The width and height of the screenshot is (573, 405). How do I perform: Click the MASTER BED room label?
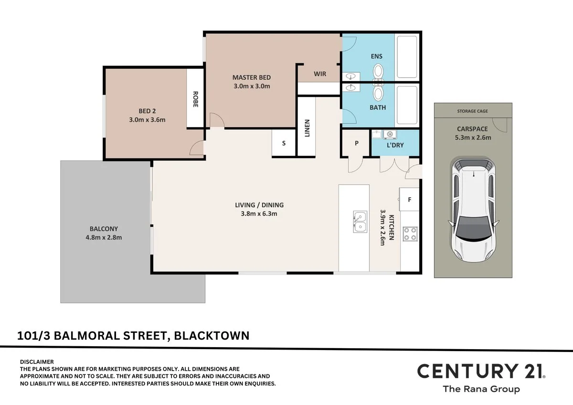pos(251,77)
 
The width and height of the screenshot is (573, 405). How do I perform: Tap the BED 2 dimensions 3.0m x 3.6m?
pos(147,120)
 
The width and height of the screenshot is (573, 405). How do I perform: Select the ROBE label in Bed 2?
pos(195,99)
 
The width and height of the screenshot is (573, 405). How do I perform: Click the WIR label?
pos(319,74)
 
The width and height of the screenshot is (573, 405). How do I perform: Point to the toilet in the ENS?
pos(378,72)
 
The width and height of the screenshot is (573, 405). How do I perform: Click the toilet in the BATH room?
pos(378,93)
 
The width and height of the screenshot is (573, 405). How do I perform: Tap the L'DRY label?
pos(395,145)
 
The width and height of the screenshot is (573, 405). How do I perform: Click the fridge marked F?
pos(409,200)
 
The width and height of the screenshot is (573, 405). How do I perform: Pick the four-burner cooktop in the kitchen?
pos(409,234)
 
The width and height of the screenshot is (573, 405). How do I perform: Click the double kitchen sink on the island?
pos(360,222)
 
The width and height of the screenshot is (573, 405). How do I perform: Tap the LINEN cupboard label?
pos(307,128)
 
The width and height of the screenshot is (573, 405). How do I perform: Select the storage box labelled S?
pos(284,143)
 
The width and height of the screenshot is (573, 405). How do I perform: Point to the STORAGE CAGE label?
pos(473,111)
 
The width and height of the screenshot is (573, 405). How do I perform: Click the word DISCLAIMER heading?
pos(37,362)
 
